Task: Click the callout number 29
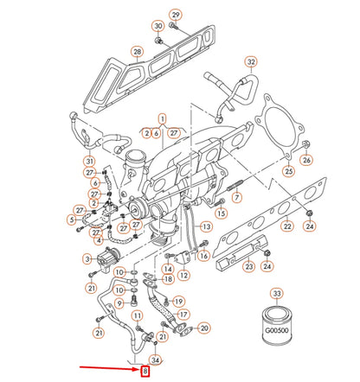tap(176, 16)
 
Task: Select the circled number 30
tap(157, 27)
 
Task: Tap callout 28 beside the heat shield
tap(137, 53)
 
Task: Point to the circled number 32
tap(251, 63)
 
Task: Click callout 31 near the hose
tap(89, 161)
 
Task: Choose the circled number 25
tap(288, 171)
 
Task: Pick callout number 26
tap(305, 161)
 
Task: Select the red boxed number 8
tap(145, 372)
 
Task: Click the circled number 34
tap(156, 359)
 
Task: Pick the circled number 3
tap(87, 258)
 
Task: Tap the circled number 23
tap(249, 267)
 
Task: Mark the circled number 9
tap(119, 302)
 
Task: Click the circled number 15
tap(221, 213)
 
